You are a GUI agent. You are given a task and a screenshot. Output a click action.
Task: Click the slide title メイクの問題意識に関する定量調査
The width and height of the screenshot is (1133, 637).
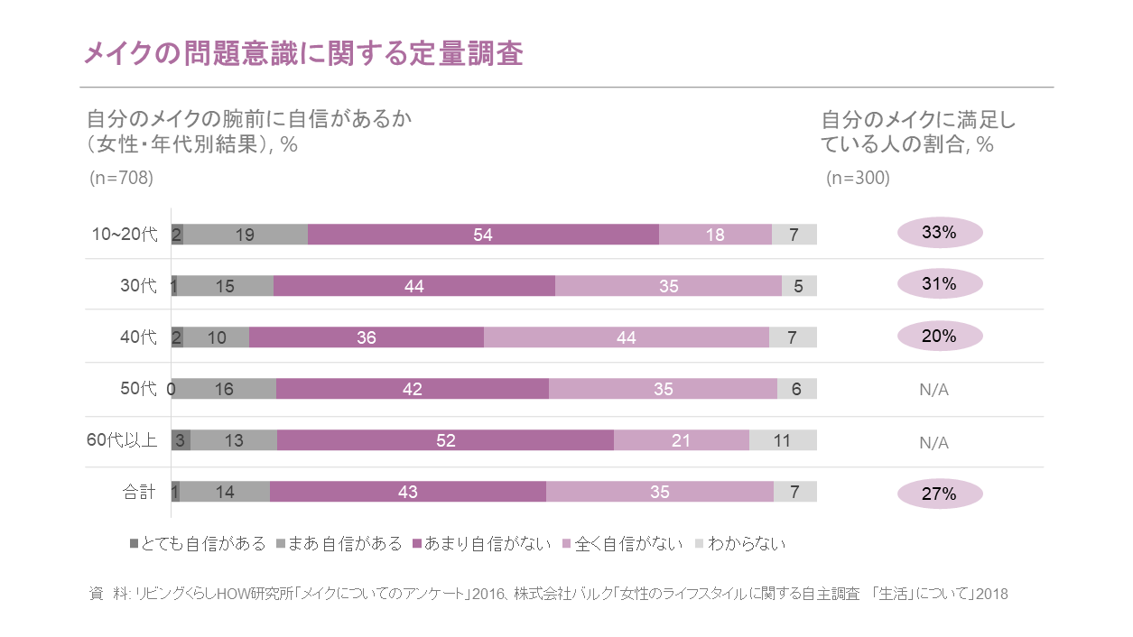click(303, 53)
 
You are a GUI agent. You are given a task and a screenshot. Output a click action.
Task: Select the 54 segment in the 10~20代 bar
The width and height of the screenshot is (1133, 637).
click(483, 235)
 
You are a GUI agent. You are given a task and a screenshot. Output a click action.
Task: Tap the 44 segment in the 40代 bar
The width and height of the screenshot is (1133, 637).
click(626, 337)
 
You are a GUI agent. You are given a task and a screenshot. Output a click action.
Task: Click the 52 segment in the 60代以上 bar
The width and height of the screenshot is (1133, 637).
click(445, 440)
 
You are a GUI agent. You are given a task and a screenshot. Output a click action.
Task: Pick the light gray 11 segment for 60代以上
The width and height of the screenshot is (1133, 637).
click(782, 440)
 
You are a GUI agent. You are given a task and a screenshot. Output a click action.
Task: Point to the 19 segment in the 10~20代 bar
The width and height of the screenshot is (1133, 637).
click(245, 235)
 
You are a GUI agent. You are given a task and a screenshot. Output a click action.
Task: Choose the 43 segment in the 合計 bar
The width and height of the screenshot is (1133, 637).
click(407, 492)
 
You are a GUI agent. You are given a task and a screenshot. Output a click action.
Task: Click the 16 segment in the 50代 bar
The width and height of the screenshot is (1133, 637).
click(225, 389)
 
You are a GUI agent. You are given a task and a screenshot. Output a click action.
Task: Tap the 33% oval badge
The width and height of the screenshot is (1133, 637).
click(939, 233)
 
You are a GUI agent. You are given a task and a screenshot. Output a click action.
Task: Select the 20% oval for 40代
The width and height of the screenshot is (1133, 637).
click(939, 336)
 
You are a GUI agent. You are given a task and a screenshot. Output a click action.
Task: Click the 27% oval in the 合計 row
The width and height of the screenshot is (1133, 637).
click(939, 494)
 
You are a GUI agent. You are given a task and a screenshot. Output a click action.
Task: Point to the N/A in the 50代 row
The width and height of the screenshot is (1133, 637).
click(933, 390)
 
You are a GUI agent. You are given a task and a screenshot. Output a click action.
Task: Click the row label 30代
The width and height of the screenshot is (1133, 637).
click(139, 286)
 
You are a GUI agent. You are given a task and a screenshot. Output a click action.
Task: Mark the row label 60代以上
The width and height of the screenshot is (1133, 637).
click(122, 440)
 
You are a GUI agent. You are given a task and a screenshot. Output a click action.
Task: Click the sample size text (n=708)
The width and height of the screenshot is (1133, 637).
click(122, 178)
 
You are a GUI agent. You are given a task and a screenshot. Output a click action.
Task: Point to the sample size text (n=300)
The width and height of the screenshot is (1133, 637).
click(858, 178)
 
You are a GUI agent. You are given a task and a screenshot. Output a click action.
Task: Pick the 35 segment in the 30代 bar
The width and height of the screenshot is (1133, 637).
click(668, 286)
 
